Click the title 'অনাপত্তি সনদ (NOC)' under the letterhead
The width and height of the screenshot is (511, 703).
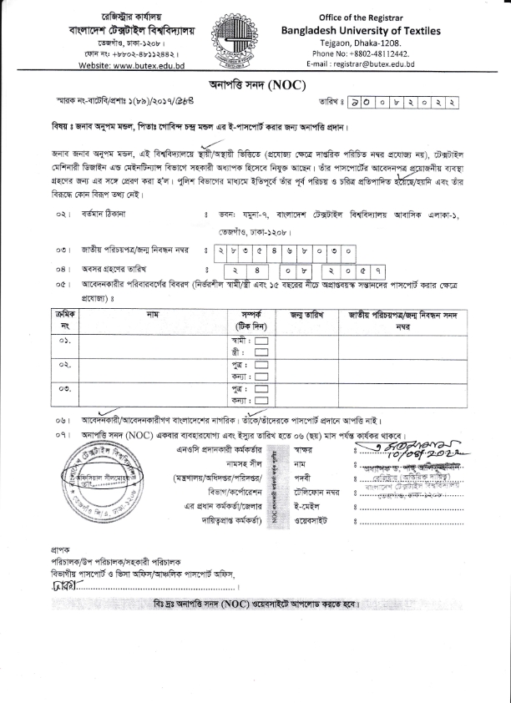[256, 86]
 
